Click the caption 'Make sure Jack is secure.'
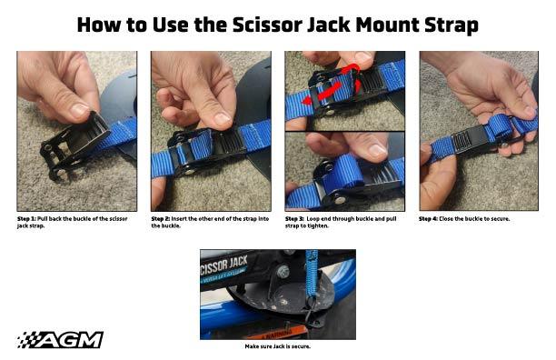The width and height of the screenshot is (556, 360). (x=278, y=346)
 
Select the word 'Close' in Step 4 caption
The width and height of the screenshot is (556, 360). (x=453, y=218)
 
